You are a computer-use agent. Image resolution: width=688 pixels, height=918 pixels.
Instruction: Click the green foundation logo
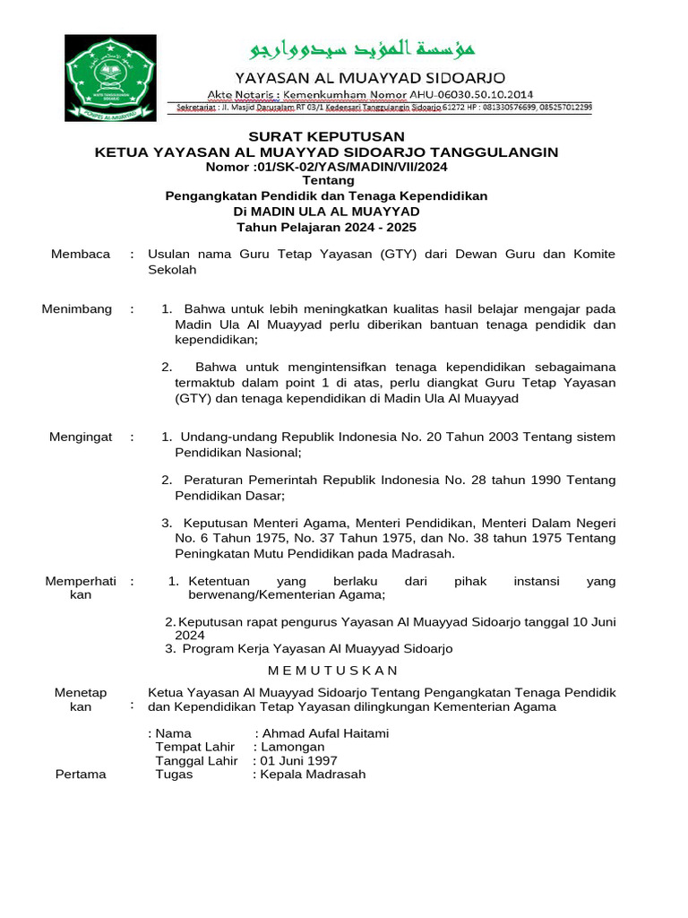111,79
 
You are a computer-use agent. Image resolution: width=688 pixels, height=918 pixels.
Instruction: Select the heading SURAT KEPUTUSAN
327,136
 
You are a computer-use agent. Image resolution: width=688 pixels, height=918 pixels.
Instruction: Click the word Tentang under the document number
327,181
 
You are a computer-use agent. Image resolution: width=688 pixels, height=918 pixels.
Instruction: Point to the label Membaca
81,254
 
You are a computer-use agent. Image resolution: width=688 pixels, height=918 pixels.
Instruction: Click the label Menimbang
77,309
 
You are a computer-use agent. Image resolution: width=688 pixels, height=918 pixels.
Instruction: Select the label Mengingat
81,437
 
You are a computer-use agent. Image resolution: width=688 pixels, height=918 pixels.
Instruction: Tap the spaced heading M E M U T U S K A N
333,671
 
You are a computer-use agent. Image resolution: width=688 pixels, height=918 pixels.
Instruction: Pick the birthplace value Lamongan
292,747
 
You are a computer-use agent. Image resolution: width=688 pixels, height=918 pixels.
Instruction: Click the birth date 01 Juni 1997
298,761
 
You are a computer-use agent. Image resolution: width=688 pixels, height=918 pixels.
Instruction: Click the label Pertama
81,775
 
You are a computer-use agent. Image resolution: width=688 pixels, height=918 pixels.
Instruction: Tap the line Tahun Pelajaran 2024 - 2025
327,228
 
